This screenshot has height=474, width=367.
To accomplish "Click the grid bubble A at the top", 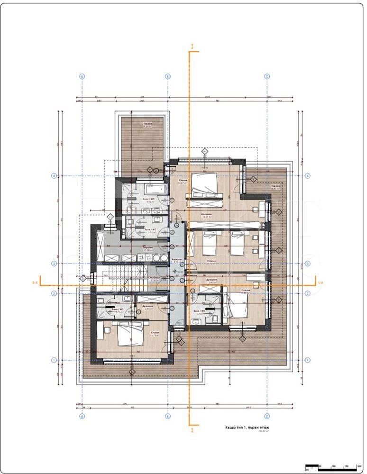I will (x=82, y=76).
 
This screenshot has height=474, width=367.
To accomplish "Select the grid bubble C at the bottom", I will (x=267, y=417).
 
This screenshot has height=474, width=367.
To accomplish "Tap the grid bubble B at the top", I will (x=167, y=76).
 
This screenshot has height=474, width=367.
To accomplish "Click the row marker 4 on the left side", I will (x=54, y=176).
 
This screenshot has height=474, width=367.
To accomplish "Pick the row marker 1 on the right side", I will (x=308, y=360).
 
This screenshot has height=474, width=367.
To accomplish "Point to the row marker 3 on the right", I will (x=308, y=264).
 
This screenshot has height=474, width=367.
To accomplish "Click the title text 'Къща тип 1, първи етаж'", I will (x=248, y=427).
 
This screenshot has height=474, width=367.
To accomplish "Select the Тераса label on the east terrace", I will (x=275, y=187).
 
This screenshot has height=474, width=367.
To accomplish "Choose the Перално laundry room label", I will (x=149, y=248).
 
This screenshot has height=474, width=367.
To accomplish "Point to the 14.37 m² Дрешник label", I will (x=206, y=215).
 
